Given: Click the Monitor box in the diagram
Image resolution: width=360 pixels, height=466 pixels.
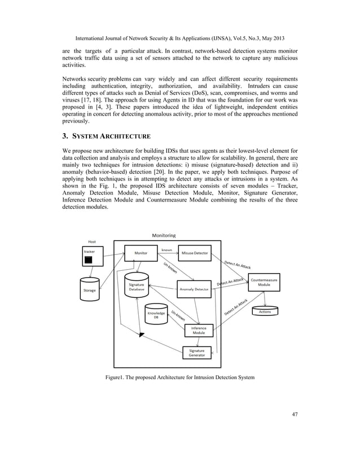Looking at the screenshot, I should click(141, 253).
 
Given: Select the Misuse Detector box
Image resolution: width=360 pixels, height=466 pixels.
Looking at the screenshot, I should click(194, 253).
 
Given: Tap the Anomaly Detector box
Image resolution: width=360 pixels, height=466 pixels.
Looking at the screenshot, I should click(194, 289).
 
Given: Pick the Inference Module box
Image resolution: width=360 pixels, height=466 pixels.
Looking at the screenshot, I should click(198, 330).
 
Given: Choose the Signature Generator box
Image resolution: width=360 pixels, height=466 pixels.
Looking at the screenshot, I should click(196, 353).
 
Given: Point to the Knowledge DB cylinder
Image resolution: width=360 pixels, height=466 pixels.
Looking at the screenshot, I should click(156, 314).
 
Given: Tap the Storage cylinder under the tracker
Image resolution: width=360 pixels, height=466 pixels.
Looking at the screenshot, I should click(90, 287).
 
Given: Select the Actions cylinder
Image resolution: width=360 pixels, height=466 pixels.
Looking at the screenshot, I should click(265, 311).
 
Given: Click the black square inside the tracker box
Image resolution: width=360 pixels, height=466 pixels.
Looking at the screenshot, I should click(88, 260).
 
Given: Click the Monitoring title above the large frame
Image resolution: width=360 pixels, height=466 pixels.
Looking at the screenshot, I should click(164, 235).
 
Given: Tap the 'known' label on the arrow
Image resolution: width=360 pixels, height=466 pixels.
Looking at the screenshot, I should click(166, 249).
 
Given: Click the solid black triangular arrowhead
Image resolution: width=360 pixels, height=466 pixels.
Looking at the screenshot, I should click(142, 336).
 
